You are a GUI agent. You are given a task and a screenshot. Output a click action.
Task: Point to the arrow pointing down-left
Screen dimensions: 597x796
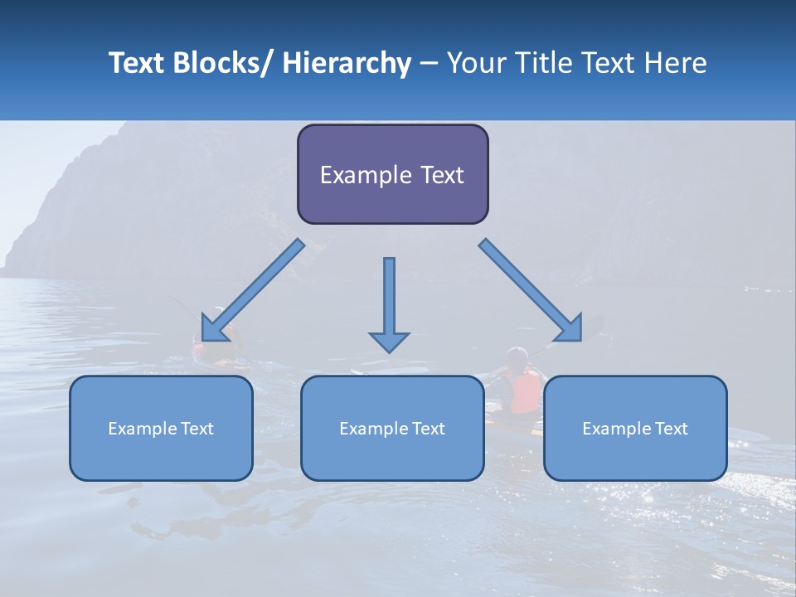click(253, 291)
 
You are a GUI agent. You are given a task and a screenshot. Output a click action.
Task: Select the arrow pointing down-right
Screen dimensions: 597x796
click(531, 291)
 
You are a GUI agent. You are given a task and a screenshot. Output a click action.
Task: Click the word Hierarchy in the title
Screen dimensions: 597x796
click(347, 64)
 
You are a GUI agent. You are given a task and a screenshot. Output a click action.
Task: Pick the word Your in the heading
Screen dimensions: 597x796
click(476, 64)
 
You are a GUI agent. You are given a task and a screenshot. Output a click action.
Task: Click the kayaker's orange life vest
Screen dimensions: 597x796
click(526, 392)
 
